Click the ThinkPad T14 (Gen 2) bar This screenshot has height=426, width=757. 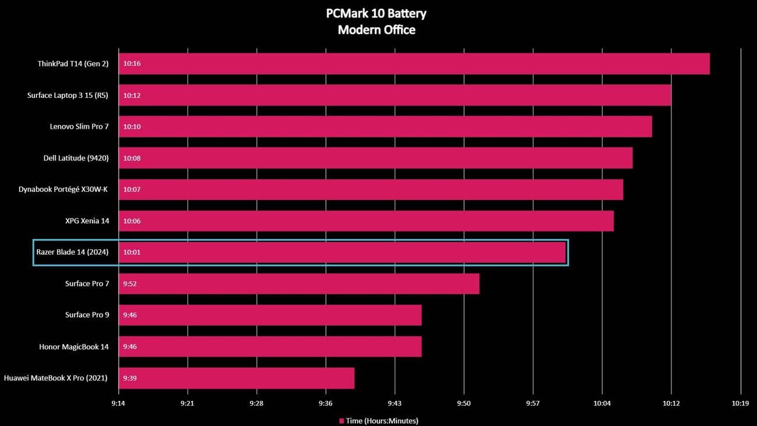(413, 64)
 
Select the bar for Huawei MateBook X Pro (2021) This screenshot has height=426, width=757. (236, 378)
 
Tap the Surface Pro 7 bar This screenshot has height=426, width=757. (299, 284)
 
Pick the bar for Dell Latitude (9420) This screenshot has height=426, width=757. (376, 158)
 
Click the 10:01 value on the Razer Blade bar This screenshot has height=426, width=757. (132, 252)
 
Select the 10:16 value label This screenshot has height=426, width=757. (132, 64)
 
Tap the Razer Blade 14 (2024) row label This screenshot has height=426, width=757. (72, 252)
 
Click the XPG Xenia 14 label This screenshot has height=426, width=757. (87, 221)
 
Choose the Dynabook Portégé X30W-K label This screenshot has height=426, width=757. (63, 189)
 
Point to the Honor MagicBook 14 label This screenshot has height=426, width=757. (74, 347)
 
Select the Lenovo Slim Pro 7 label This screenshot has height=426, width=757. (79, 126)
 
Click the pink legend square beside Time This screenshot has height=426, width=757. (341, 421)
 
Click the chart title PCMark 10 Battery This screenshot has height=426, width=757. (377, 13)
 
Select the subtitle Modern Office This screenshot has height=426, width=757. (377, 30)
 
